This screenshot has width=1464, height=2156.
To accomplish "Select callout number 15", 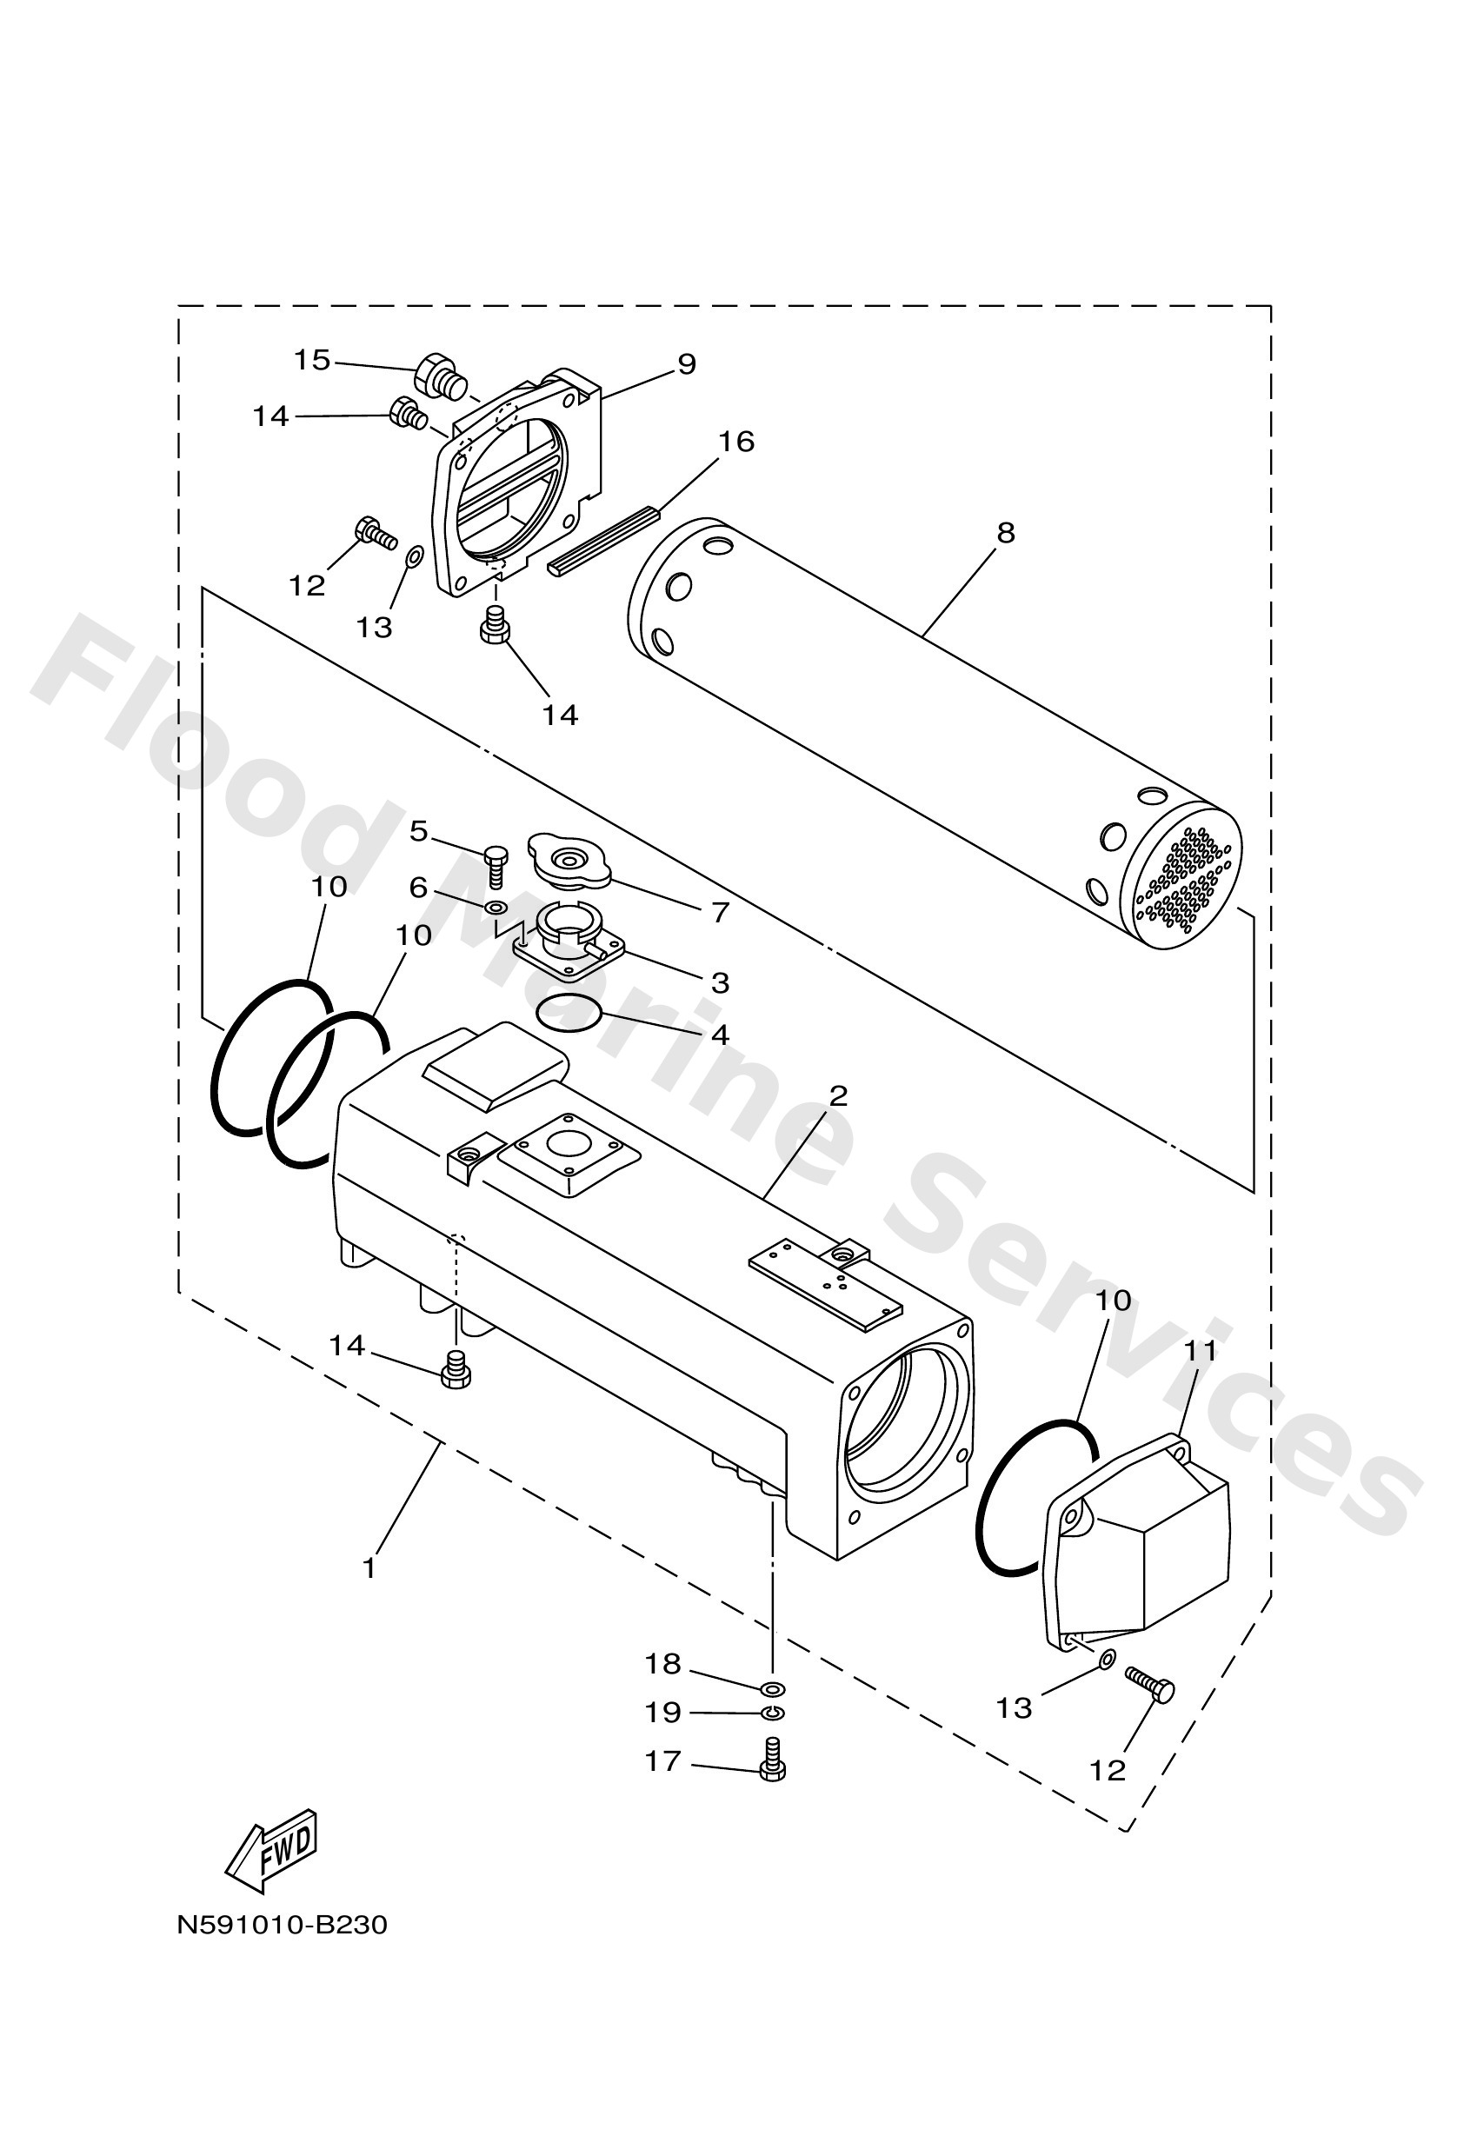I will tap(313, 360).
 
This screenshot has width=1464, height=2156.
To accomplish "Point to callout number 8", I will tap(1006, 534).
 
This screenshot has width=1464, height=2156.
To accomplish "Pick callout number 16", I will tap(736, 442).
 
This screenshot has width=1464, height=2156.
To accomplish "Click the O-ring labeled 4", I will tap(569, 1012).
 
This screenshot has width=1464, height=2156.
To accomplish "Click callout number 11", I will tap(1200, 1352).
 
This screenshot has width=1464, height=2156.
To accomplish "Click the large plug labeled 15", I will tap(441, 375).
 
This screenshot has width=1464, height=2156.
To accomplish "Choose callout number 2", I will tap(838, 1096).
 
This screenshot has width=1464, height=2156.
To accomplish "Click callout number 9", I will tap(687, 364).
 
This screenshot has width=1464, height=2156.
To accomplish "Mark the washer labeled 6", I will tap(496, 906).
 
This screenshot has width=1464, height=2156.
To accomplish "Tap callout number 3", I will tap(720, 982).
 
